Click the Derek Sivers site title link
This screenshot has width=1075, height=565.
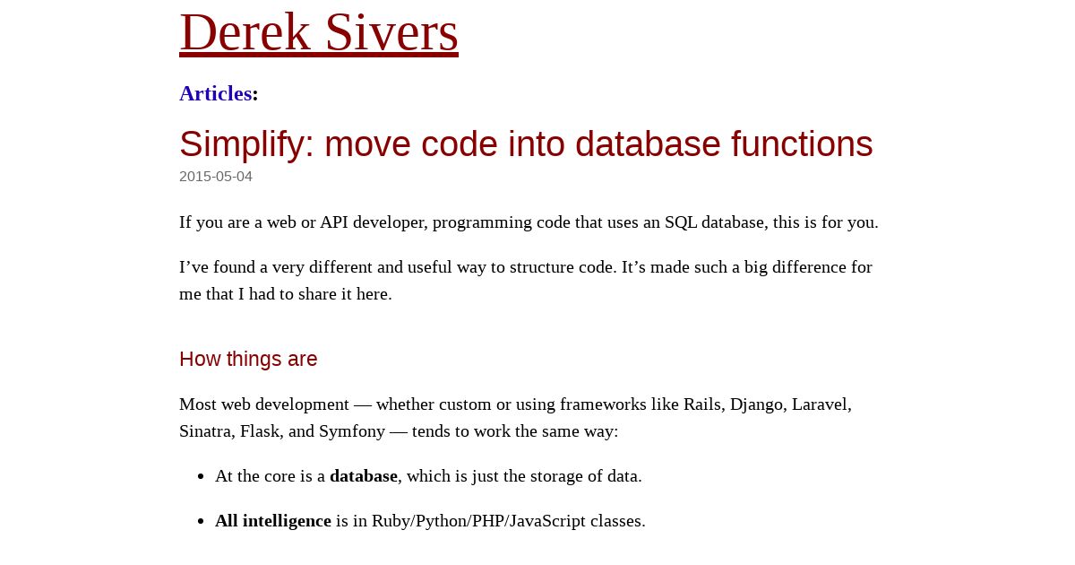319,32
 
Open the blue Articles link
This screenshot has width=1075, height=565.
216,93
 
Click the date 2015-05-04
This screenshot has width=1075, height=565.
216,177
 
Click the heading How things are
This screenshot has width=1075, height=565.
248,359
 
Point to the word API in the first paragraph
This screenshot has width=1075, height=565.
334,222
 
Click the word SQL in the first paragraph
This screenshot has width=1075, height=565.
681,223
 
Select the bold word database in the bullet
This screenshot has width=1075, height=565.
364,476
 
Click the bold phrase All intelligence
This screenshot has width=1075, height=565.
273,521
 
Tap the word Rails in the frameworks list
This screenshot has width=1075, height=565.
703,404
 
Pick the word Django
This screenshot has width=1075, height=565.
758,405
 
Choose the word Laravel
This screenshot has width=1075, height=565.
821,404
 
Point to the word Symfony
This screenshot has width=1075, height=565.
352,432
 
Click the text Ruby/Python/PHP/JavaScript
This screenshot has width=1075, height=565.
478,522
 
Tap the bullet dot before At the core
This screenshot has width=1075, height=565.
201,476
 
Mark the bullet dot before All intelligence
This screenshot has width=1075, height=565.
201,522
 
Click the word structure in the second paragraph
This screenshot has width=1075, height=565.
541,267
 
